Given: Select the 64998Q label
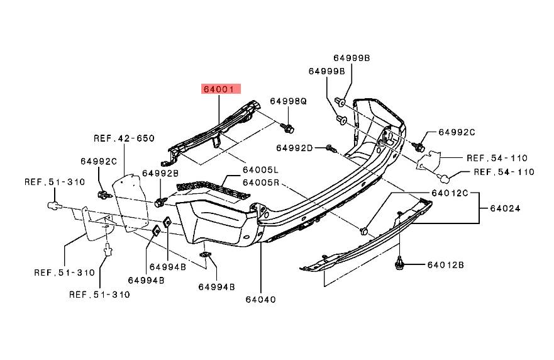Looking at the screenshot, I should tap(289, 101).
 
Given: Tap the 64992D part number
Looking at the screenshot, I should tap(294, 148).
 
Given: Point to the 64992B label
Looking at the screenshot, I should tap(160, 173).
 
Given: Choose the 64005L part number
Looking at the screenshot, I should tap(261, 170).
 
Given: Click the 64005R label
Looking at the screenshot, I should tap(261, 183).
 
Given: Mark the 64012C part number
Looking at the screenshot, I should tap(450, 193).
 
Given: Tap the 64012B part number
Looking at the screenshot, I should tap(446, 265).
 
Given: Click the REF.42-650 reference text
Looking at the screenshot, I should tap(125, 138).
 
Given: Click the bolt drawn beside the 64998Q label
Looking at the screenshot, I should tap(289, 128).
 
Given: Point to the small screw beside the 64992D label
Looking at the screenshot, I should tap(330, 149).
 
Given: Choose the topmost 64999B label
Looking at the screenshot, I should tap(352, 58).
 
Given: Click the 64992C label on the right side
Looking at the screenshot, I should tap(457, 132).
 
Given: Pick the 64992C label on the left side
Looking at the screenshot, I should tap(99, 160).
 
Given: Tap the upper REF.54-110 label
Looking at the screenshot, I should tap(497, 158).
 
